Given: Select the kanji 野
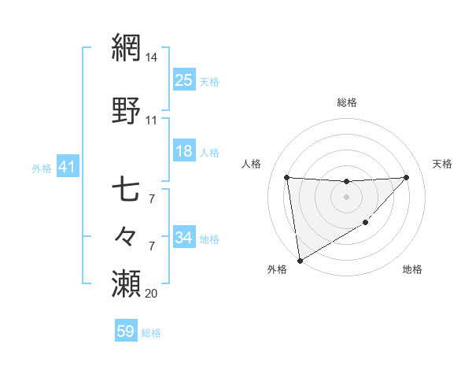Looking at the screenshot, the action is (127, 110).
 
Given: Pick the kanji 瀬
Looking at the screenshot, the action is (127, 282).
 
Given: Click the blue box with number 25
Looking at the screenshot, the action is (184, 80).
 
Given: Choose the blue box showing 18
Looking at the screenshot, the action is (184, 151).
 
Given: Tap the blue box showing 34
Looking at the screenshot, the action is (184, 237).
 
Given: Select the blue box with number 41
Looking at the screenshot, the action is (67, 167).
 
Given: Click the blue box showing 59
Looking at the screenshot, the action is (126, 331).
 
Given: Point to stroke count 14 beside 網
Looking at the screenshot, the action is (152, 58).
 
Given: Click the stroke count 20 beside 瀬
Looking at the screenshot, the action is (152, 293).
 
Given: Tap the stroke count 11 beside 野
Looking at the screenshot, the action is (152, 120).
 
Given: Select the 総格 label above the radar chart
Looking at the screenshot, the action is (347, 102).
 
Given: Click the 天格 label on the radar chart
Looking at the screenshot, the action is (443, 164).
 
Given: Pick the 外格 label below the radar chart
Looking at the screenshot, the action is (277, 269).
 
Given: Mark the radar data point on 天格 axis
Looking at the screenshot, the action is (406, 177).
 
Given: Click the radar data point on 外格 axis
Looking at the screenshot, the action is (299, 260).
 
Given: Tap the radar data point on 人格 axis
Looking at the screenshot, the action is (287, 177).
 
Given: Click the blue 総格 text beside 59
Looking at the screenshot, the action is (151, 333).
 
